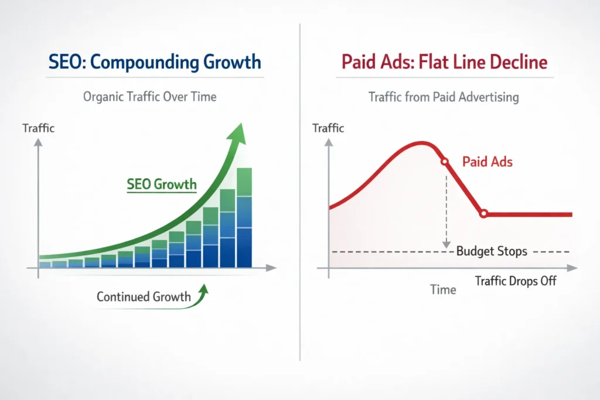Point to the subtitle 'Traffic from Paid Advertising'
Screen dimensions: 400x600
click(x=444, y=97)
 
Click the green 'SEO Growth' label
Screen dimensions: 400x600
click(x=162, y=184)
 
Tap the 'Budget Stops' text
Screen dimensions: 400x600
click(x=492, y=252)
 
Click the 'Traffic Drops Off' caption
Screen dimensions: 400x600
click(x=516, y=281)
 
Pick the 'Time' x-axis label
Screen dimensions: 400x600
click(x=443, y=290)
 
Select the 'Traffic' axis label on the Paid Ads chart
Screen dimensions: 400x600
click(x=329, y=127)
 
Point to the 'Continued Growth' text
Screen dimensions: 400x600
click(x=144, y=297)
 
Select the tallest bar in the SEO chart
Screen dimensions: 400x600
click(x=244, y=218)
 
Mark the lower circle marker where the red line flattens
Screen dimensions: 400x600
click(x=483, y=214)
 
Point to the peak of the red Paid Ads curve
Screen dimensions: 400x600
click(x=419, y=142)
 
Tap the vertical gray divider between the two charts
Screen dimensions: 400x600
click(x=300, y=193)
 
